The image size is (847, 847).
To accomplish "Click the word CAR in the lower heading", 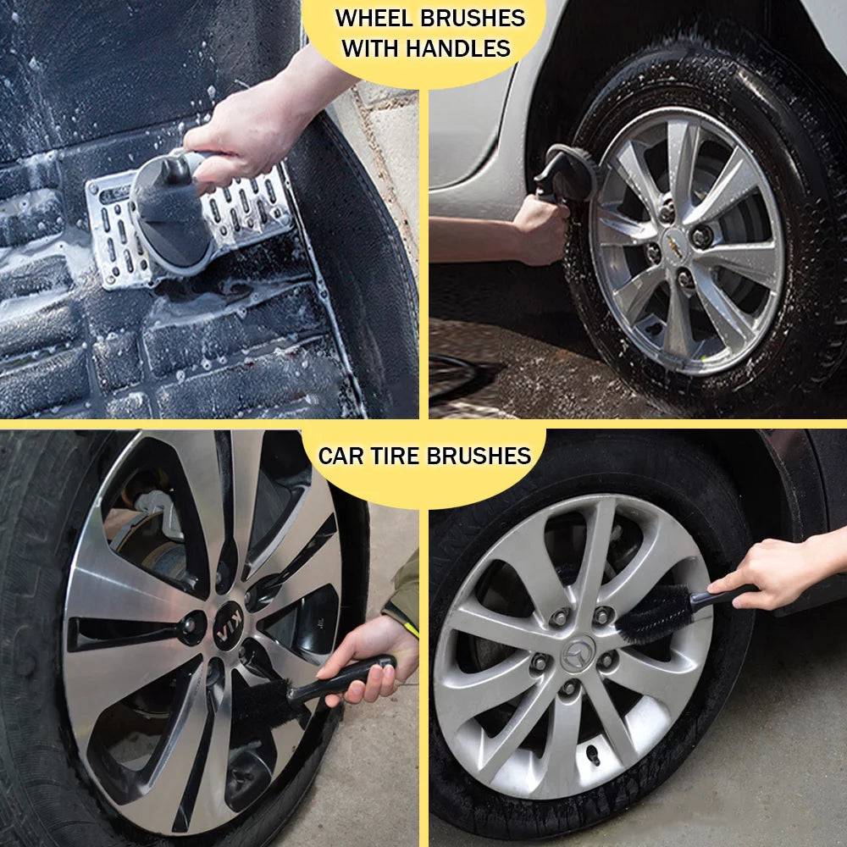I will (341, 456).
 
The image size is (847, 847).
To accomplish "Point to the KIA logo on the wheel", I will (227, 634).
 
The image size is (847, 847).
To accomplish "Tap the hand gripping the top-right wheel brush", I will (542, 229).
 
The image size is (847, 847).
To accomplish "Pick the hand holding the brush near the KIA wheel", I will (373, 656).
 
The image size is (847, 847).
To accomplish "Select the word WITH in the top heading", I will (371, 48).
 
